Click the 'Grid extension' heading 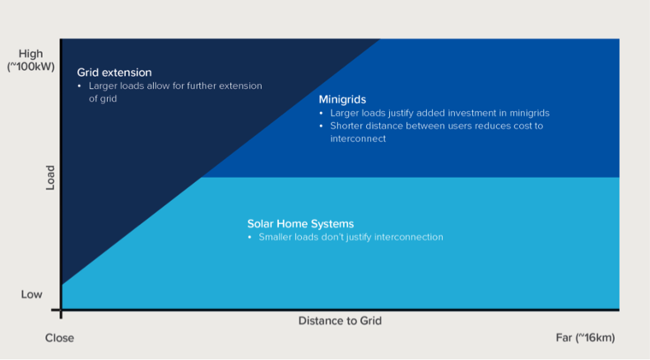click(115, 73)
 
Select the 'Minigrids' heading click(342, 100)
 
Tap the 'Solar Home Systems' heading click(300, 224)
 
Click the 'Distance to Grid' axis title click(340, 321)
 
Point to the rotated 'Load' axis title click(50, 178)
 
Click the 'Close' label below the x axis click(60, 338)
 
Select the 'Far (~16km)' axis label click(585, 338)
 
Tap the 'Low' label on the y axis click(32, 294)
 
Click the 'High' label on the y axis click(31, 54)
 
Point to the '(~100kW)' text click(31, 67)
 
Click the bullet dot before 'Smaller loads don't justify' click(250, 238)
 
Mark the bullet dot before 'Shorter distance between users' click(321, 126)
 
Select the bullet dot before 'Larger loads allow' click(80, 86)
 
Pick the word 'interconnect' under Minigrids click(357, 139)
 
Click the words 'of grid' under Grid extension click(103, 99)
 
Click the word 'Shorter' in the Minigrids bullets click(346, 126)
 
